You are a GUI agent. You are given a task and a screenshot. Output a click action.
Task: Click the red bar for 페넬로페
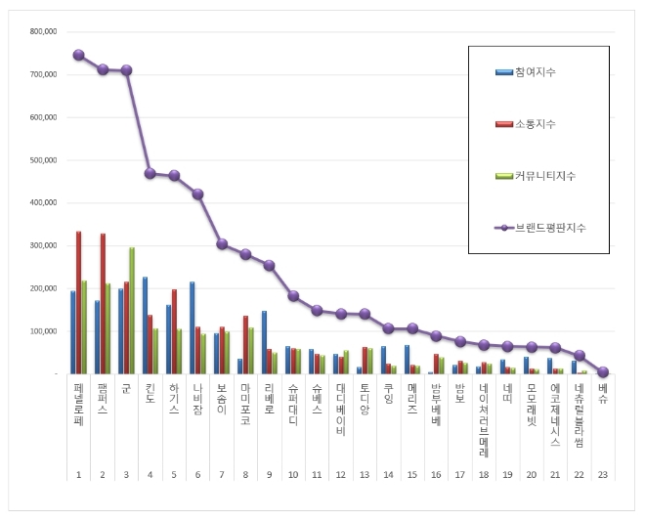point(78,302)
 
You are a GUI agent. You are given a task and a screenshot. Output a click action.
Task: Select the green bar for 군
point(132,310)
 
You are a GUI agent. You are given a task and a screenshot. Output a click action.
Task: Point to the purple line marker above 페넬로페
point(78,55)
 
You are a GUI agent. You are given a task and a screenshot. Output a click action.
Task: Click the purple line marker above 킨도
point(150,173)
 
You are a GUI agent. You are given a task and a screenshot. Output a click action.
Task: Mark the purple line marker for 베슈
point(603,371)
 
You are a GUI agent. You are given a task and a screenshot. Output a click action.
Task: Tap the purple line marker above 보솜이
point(222,243)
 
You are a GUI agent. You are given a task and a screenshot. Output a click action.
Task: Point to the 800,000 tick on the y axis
point(43,31)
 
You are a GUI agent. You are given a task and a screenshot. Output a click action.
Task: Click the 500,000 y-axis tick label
point(43,160)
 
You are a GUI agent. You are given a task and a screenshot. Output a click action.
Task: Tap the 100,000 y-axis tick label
point(43,331)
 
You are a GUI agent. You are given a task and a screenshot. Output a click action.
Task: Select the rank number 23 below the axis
point(603,473)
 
